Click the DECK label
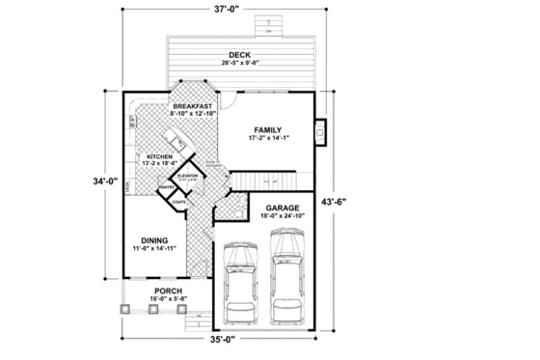pos(240,54)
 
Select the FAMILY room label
pos(267,129)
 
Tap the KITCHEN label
pos(159,155)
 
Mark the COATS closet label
pos(178,203)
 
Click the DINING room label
pos(154,240)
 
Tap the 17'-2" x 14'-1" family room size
pos(267,139)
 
